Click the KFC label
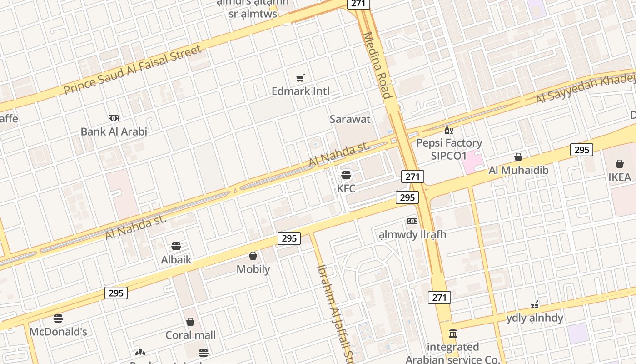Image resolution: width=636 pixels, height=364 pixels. (x=346, y=188)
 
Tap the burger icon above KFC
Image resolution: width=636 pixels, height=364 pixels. (x=346, y=175)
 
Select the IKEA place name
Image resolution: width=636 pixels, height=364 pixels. (x=620, y=177)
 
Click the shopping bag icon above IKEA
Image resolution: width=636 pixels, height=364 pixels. (x=620, y=164)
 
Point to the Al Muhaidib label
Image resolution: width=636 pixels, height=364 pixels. (x=518, y=170)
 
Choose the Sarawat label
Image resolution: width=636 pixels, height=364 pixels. (x=350, y=119)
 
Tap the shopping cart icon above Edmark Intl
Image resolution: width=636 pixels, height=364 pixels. (x=300, y=78)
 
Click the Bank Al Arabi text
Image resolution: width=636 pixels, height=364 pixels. (x=114, y=131)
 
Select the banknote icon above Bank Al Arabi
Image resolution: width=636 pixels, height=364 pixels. (x=114, y=118)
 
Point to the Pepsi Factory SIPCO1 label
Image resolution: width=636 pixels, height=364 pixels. (x=449, y=149)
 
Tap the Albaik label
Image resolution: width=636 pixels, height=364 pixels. (x=176, y=260)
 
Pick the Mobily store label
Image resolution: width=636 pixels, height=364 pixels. (x=253, y=269)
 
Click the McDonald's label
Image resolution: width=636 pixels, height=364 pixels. (x=58, y=332)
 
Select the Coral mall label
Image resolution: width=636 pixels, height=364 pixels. (x=190, y=335)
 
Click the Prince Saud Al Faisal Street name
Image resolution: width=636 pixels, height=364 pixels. (x=132, y=70)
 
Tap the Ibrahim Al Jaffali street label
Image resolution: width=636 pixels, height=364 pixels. (x=335, y=314)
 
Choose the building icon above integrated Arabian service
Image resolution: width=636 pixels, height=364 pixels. (x=452, y=334)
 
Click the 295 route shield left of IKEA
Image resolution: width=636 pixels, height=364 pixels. (x=581, y=150)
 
